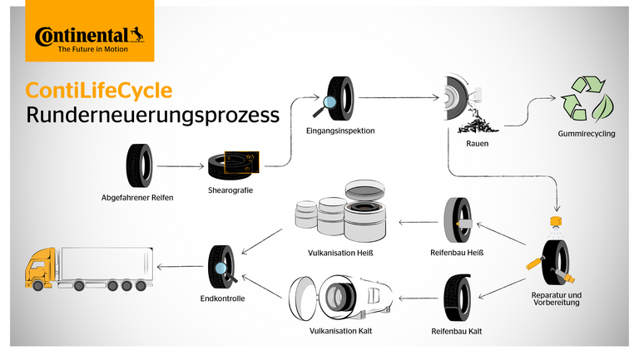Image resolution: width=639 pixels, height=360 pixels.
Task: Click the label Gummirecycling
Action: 587,134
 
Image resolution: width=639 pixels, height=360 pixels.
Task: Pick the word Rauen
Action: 478,144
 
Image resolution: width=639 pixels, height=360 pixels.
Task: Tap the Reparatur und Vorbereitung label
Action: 556,298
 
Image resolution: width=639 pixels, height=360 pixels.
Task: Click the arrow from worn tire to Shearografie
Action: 180,166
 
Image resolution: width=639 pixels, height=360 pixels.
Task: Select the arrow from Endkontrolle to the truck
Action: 181,266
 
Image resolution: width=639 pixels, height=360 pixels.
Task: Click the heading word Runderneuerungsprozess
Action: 152,116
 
